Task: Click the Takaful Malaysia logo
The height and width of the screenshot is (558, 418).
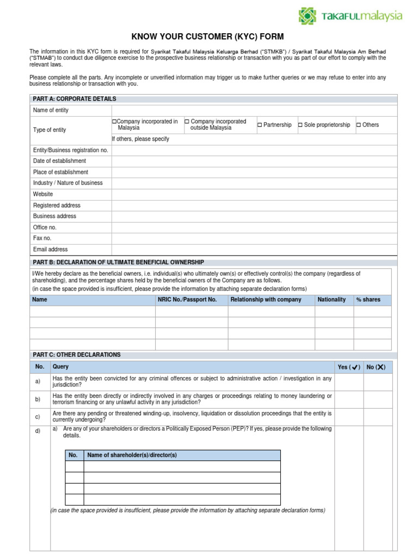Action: pyautogui.click(x=351, y=16)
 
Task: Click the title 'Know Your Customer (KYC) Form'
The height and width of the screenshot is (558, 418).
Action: pyautogui.click(x=207, y=37)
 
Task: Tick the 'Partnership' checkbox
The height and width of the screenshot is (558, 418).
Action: pyautogui.click(x=260, y=125)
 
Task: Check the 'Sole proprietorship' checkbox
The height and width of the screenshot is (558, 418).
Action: pyautogui.click(x=300, y=125)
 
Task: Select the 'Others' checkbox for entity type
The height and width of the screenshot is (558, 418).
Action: pyautogui.click(x=359, y=125)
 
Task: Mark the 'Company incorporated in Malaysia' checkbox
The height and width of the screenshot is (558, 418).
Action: pyautogui.click(x=114, y=122)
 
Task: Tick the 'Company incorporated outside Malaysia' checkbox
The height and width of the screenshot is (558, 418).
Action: pyautogui.click(x=187, y=122)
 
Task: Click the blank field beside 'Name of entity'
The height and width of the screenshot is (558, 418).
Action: pyautogui.click(x=254, y=110)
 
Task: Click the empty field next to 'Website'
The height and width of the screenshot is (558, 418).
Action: pyautogui.click(x=254, y=194)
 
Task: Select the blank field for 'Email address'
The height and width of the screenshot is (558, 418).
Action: pyautogui.click(x=254, y=250)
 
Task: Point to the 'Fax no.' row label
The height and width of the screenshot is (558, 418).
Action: pyautogui.click(x=42, y=238)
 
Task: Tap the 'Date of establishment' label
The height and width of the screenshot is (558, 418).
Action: pyautogui.click(x=59, y=161)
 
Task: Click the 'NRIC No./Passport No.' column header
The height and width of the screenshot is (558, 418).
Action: pyautogui.click(x=187, y=300)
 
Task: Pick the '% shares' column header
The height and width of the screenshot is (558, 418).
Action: pyautogui.click(x=368, y=300)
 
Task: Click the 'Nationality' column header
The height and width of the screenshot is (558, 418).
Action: pyautogui.click(x=331, y=300)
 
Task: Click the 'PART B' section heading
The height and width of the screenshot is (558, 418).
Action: pyautogui.click(x=118, y=262)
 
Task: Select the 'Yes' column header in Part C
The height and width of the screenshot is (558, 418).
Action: pyautogui.click(x=349, y=367)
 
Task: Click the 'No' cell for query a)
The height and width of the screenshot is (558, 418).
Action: pyautogui.click(x=378, y=381)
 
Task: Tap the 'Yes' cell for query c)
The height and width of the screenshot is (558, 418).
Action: pyautogui.click(x=349, y=416)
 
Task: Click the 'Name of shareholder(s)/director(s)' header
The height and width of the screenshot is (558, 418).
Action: pyautogui.click(x=132, y=455)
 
